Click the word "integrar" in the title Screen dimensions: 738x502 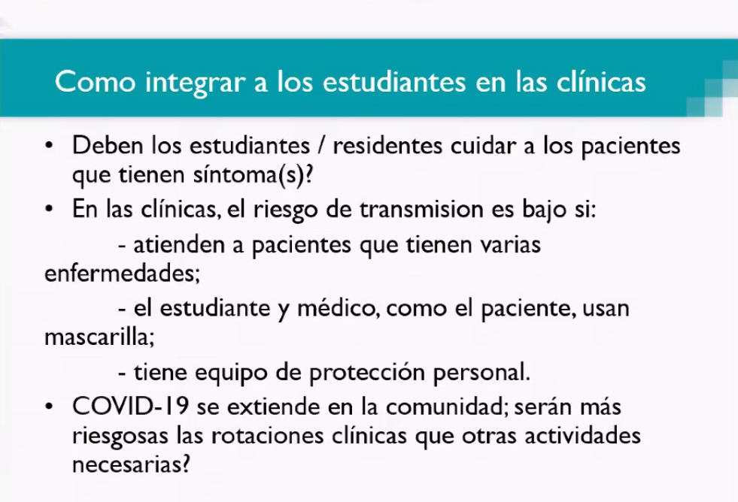tap(196, 83)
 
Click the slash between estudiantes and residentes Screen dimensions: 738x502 tap(321, 146)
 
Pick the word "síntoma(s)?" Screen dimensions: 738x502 tap(253, 175)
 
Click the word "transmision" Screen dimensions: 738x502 tap(421, 209)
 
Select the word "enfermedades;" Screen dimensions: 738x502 tap(123, 273)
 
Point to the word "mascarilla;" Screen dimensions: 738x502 tap(99, 337)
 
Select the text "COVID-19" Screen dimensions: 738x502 tap(130, 407)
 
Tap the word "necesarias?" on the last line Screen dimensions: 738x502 tap(131, 465)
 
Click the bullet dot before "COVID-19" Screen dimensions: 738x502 tap(49, 406)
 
